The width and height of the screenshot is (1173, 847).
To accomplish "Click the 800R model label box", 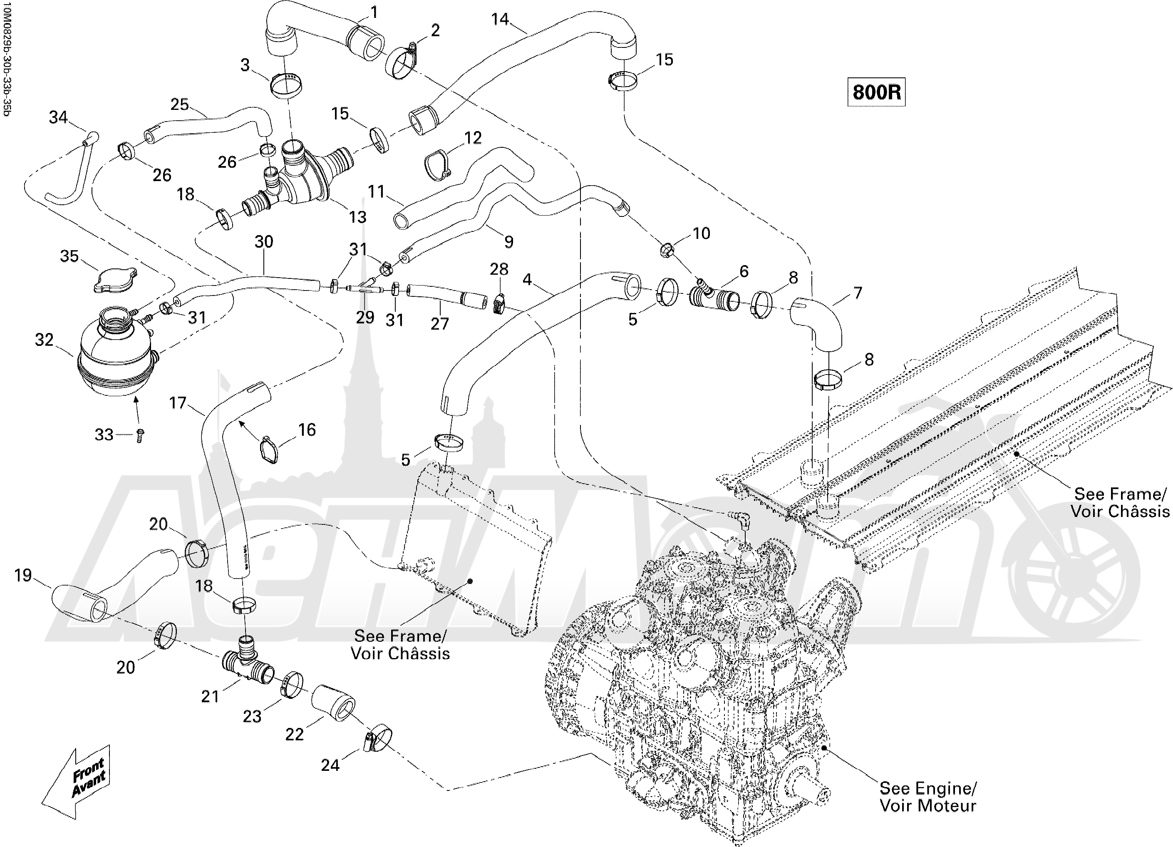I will pos(876,92).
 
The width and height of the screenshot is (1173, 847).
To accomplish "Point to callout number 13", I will pos(357,217).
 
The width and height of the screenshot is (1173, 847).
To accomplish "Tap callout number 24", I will pos(330,765).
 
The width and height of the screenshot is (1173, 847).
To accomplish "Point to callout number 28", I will pos(499,269).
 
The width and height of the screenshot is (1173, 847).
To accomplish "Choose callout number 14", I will pos(500,19).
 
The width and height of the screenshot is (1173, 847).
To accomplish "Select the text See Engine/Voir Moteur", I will pos(928,797).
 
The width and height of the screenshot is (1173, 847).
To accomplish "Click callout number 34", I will pos(58,117).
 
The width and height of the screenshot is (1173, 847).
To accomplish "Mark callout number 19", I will pos(23,575).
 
